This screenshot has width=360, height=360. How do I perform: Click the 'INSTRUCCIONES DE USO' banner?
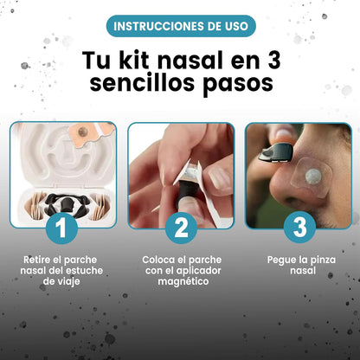point(180,26)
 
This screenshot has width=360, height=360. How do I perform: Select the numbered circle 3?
point(299,227)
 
